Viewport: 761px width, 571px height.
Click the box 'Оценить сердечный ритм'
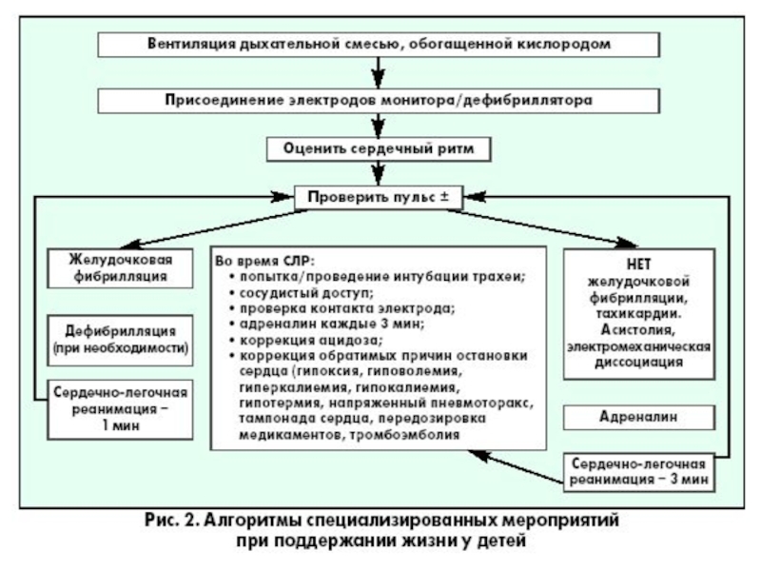(x=379, y=149)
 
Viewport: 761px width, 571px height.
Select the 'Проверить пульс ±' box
(x=379, y=198)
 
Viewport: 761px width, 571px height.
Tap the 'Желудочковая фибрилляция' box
(x=120, y=268)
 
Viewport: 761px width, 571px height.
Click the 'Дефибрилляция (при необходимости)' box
(x=120, y=340)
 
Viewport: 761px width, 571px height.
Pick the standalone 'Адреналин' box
(x=638, y=417)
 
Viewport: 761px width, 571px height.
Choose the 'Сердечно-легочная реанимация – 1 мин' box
(x=120, y=409)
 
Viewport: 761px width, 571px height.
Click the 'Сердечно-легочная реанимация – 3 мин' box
(x=638, y=472)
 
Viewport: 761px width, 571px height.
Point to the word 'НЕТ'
(x=638, y=265)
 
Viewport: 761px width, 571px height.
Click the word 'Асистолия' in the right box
(x=637, y=330)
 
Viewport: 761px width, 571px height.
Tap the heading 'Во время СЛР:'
(x=265, y=261)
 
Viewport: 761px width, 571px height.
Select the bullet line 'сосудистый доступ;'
(x=306, y=293)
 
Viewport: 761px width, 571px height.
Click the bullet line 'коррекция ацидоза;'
(x=312, y=340)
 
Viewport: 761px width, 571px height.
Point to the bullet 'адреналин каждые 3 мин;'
(x=332, y=324)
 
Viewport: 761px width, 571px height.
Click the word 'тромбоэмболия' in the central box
(x=404, y=435)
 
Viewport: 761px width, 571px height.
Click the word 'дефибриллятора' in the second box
(x=527, y=101)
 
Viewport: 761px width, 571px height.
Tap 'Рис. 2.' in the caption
(x=172, y=521)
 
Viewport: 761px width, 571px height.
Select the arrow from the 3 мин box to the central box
(x=516, y=466)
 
